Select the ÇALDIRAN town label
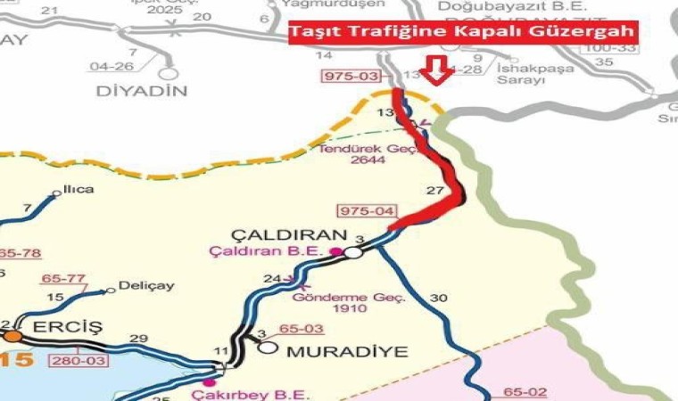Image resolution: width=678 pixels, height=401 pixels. click(288, 234)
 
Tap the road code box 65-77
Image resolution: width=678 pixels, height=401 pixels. click(63, 278)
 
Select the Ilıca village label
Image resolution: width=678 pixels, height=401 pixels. click(79, 189)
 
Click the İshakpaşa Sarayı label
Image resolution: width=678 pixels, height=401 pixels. click(521, 74)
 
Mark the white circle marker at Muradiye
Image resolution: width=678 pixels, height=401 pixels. click(269, 347)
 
